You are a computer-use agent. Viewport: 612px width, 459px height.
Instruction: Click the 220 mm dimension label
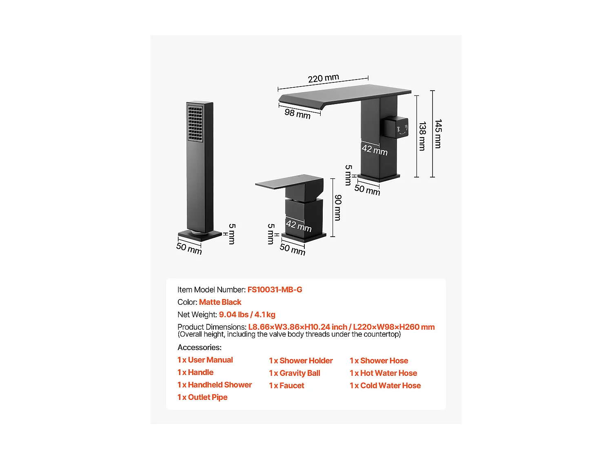click(x=324, y=78)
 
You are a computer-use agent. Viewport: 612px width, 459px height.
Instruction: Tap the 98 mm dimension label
click(x=297, y=114)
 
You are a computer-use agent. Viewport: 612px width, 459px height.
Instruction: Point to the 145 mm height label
click(x=438, y=134)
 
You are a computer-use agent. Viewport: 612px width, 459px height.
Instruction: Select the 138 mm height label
click(x=422, y=136)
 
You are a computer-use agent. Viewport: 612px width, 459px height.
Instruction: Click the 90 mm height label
click(x=338, y=208)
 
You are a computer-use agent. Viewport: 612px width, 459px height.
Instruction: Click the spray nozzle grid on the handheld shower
click(x=195, y=124)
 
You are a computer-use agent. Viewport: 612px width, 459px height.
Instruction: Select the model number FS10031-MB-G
click(x=275, y=290)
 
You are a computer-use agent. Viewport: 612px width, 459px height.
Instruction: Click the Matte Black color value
click(x=220, y=302)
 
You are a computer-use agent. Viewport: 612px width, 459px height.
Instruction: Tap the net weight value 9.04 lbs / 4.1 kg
click(x=247, y=315)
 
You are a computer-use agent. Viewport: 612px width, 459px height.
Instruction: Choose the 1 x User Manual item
click(x=205, y=360)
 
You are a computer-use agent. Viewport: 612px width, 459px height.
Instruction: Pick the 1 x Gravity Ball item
click(x=295, y=373)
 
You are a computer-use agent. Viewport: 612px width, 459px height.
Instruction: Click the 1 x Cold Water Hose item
click(x=385, y=386)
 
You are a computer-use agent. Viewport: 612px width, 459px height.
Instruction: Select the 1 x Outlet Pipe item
click(x=202, y=397)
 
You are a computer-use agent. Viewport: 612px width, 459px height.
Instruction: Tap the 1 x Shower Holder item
click(x=301, y=361)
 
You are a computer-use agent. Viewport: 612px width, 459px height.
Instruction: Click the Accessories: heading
click(x=200, y=348)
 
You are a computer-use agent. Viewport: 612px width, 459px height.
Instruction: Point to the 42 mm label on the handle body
click(x=299, y=226)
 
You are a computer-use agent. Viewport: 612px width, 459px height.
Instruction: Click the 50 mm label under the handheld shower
click(x=189, y=248)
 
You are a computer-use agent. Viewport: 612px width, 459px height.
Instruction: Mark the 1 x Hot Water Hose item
click(x=384, y=373)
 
